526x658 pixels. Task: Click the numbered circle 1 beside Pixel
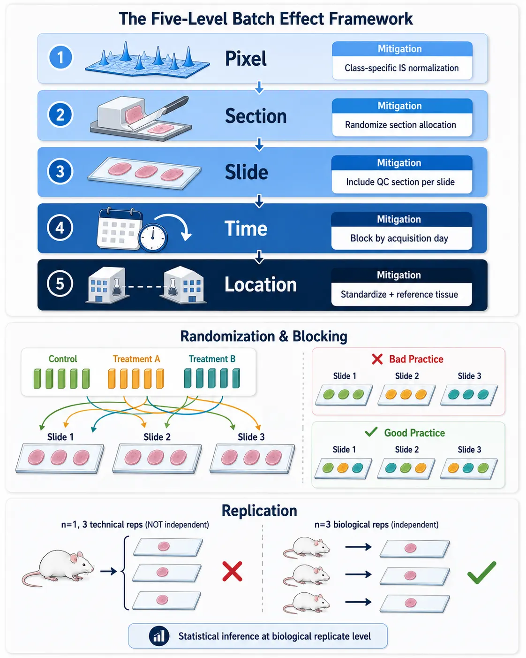coord(60,57)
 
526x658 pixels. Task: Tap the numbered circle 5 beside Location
coord(60,284)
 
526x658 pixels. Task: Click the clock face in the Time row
coord(153,238)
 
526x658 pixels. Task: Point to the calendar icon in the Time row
coord(119,228)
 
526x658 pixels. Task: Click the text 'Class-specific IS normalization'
coord(401,68)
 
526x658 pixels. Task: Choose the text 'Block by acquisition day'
coord(399,238)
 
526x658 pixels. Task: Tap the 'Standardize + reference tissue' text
coord(399,294)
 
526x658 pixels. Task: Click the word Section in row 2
coord(255,116)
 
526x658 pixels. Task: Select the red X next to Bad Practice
coord(377,359)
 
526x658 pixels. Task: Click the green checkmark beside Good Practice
coord(371,432)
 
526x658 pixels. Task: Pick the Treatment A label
coord(136,359)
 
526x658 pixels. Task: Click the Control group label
coord(63,359)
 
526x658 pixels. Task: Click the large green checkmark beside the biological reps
coord(482,573)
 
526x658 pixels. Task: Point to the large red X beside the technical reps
coord(232,571)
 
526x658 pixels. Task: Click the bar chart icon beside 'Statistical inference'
coord(159,636)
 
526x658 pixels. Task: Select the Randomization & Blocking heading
coord(264,337)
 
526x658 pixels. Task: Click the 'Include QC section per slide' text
coord(400,182)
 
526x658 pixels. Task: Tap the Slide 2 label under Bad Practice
coord(407,376)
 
